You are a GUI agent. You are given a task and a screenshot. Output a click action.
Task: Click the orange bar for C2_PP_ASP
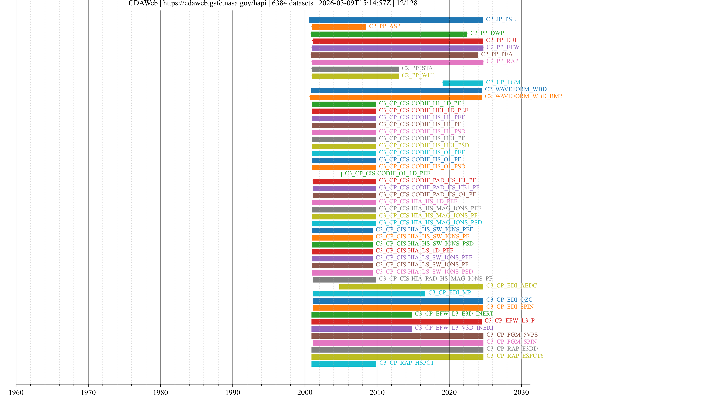[x=339, y=27]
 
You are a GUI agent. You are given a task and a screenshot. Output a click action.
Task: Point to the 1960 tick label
[x=16, y=392]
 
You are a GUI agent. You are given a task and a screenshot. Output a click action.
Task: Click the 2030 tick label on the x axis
[x=521, y=392]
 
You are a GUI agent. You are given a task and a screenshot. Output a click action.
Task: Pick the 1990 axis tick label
[x=233, y=392]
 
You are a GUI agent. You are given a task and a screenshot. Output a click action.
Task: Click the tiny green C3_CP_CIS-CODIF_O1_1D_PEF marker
[x=341, y=174]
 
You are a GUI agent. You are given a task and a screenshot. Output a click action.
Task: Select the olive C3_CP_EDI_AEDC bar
[x=411, y=286]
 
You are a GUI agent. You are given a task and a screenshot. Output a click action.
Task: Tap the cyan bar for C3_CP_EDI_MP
[x=369, y=294]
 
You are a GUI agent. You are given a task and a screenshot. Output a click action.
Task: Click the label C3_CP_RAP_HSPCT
[x=406, y=363]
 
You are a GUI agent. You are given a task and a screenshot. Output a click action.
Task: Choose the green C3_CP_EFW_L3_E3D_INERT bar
[x=361, y=315]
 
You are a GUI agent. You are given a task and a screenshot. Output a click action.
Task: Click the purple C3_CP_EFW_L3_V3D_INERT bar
[x=361, y=329]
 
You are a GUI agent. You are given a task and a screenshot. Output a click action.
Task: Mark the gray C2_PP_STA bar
[x=355, y=69]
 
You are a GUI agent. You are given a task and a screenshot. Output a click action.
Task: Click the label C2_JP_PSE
[x=501, y=19]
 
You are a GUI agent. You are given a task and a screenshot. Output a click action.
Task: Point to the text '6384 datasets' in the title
[x=292, y=3]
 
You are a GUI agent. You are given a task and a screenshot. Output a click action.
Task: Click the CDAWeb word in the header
[x=143, y=3]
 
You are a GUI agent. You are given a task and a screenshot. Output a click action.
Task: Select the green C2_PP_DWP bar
[x=389, y=34]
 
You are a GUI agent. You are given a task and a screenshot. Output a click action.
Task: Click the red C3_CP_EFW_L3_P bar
[x=396, y=322]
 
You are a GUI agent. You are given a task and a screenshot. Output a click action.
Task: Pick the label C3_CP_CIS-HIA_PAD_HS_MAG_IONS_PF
[x=435, y=278]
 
